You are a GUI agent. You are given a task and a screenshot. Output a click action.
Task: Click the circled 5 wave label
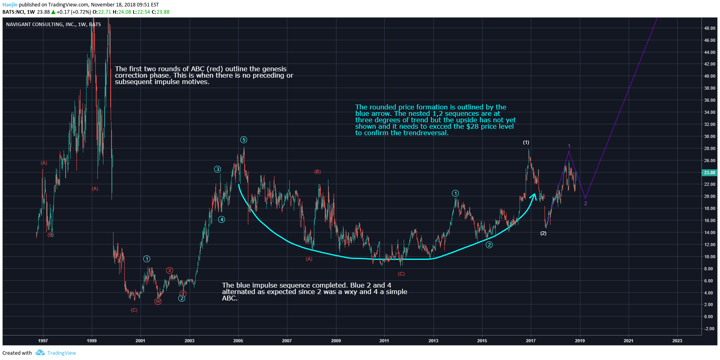click(x=243, y=140)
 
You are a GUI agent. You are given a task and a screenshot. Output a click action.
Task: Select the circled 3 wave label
click(x=217, y=169)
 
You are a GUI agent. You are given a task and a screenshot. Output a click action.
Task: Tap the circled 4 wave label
click(x=221, y=220)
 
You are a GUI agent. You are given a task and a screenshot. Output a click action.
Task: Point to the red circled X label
click(x=170, y=271)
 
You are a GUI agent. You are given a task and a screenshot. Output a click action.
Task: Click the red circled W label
click(x=158, y=302)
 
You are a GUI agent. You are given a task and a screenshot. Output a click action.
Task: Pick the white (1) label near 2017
click(x=526, y=142)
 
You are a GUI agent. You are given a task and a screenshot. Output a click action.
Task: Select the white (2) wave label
click(x=543, y=233)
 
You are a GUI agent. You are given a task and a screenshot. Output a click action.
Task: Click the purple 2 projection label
click(x=586, y=204)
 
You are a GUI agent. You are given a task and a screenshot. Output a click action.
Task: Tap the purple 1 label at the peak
click(x=569, y=146)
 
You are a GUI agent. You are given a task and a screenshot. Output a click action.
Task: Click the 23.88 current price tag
click(x=709, y=173)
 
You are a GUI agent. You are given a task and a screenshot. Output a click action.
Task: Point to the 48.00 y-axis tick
click(x=710, y=28)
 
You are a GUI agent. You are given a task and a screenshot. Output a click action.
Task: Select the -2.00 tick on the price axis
click(x=709, y=329)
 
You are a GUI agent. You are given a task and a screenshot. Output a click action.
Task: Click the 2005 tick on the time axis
click(x=238, y=341)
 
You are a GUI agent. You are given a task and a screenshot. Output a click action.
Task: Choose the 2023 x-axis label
click(x=677, y=341)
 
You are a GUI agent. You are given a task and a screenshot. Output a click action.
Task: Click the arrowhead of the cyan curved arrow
click(x=534, y=196)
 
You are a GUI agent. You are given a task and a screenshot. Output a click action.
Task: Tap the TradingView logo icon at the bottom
click(x=40, y=353)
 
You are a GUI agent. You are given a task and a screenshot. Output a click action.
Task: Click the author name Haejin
click(x=10, y=5)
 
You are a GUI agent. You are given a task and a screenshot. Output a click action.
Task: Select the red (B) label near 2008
click(x=318, y=172)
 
